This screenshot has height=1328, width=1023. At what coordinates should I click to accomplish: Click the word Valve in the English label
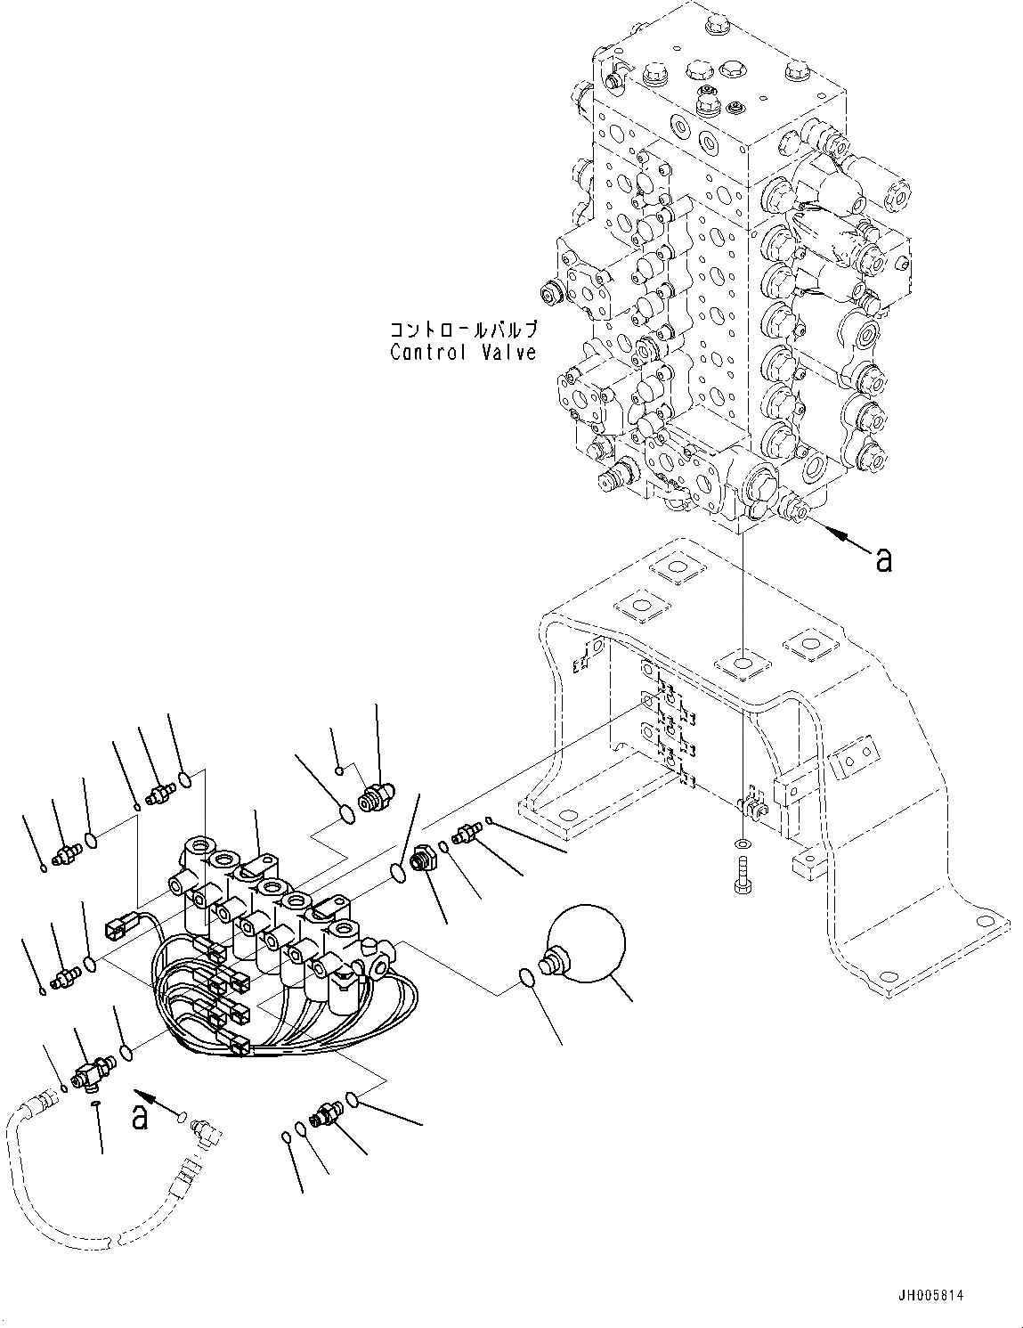(507, 352)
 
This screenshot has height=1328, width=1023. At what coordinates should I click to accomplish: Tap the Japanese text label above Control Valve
(463, 329)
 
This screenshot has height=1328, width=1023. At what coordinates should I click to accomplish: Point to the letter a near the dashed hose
(141, 1117)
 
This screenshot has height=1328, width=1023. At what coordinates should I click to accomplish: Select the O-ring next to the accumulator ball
(527, 978)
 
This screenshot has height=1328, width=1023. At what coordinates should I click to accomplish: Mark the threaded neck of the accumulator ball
(555, 960)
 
